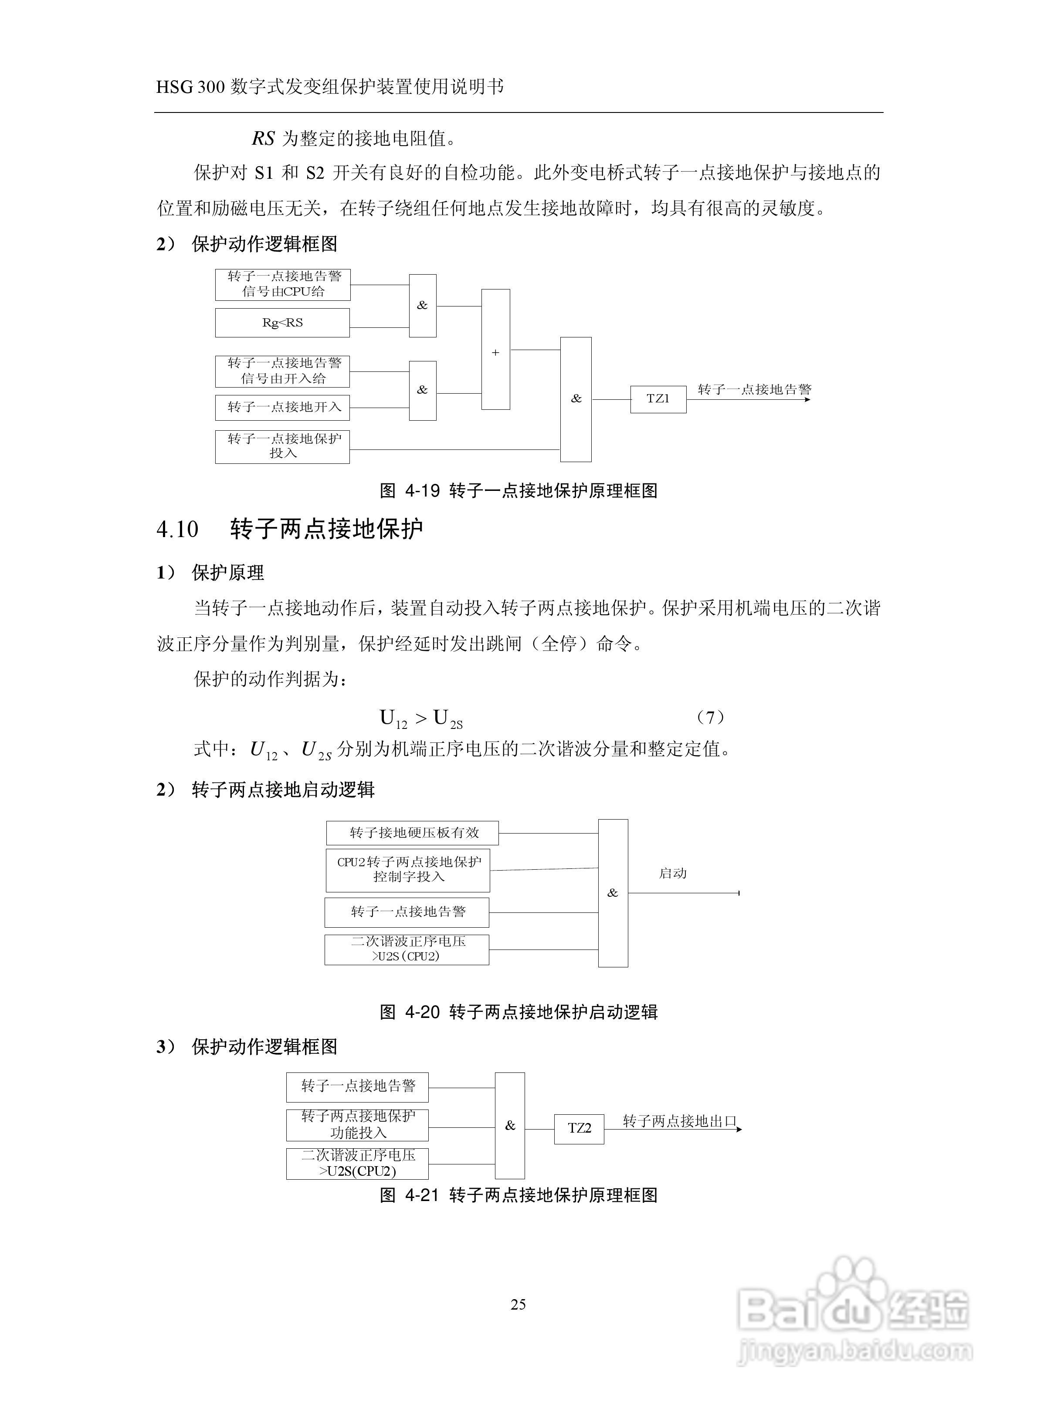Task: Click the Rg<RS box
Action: (x=282, y=323)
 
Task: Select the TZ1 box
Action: (x=658, y=399)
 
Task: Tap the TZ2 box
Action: (x=579, y=1128)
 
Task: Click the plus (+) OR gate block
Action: (x=495, y=350)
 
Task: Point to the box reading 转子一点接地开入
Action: (x=282, y=408)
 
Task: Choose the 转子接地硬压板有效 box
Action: (x=413, y=833)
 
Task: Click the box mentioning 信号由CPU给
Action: (x=282, y=284)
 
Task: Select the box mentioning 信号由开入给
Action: (x=282, y=371)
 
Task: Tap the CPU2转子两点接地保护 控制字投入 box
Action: (x=408, y=870)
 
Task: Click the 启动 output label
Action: (x=672, y=873)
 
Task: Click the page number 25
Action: (x=518, y=1305)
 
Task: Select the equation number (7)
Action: (x=711, y=717)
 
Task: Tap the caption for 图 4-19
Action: (x=518, y=491)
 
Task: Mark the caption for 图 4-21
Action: (x=518, y=1195)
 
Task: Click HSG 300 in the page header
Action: (x=190, y=87)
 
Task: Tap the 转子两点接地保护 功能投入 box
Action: (x=357, y=1125)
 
